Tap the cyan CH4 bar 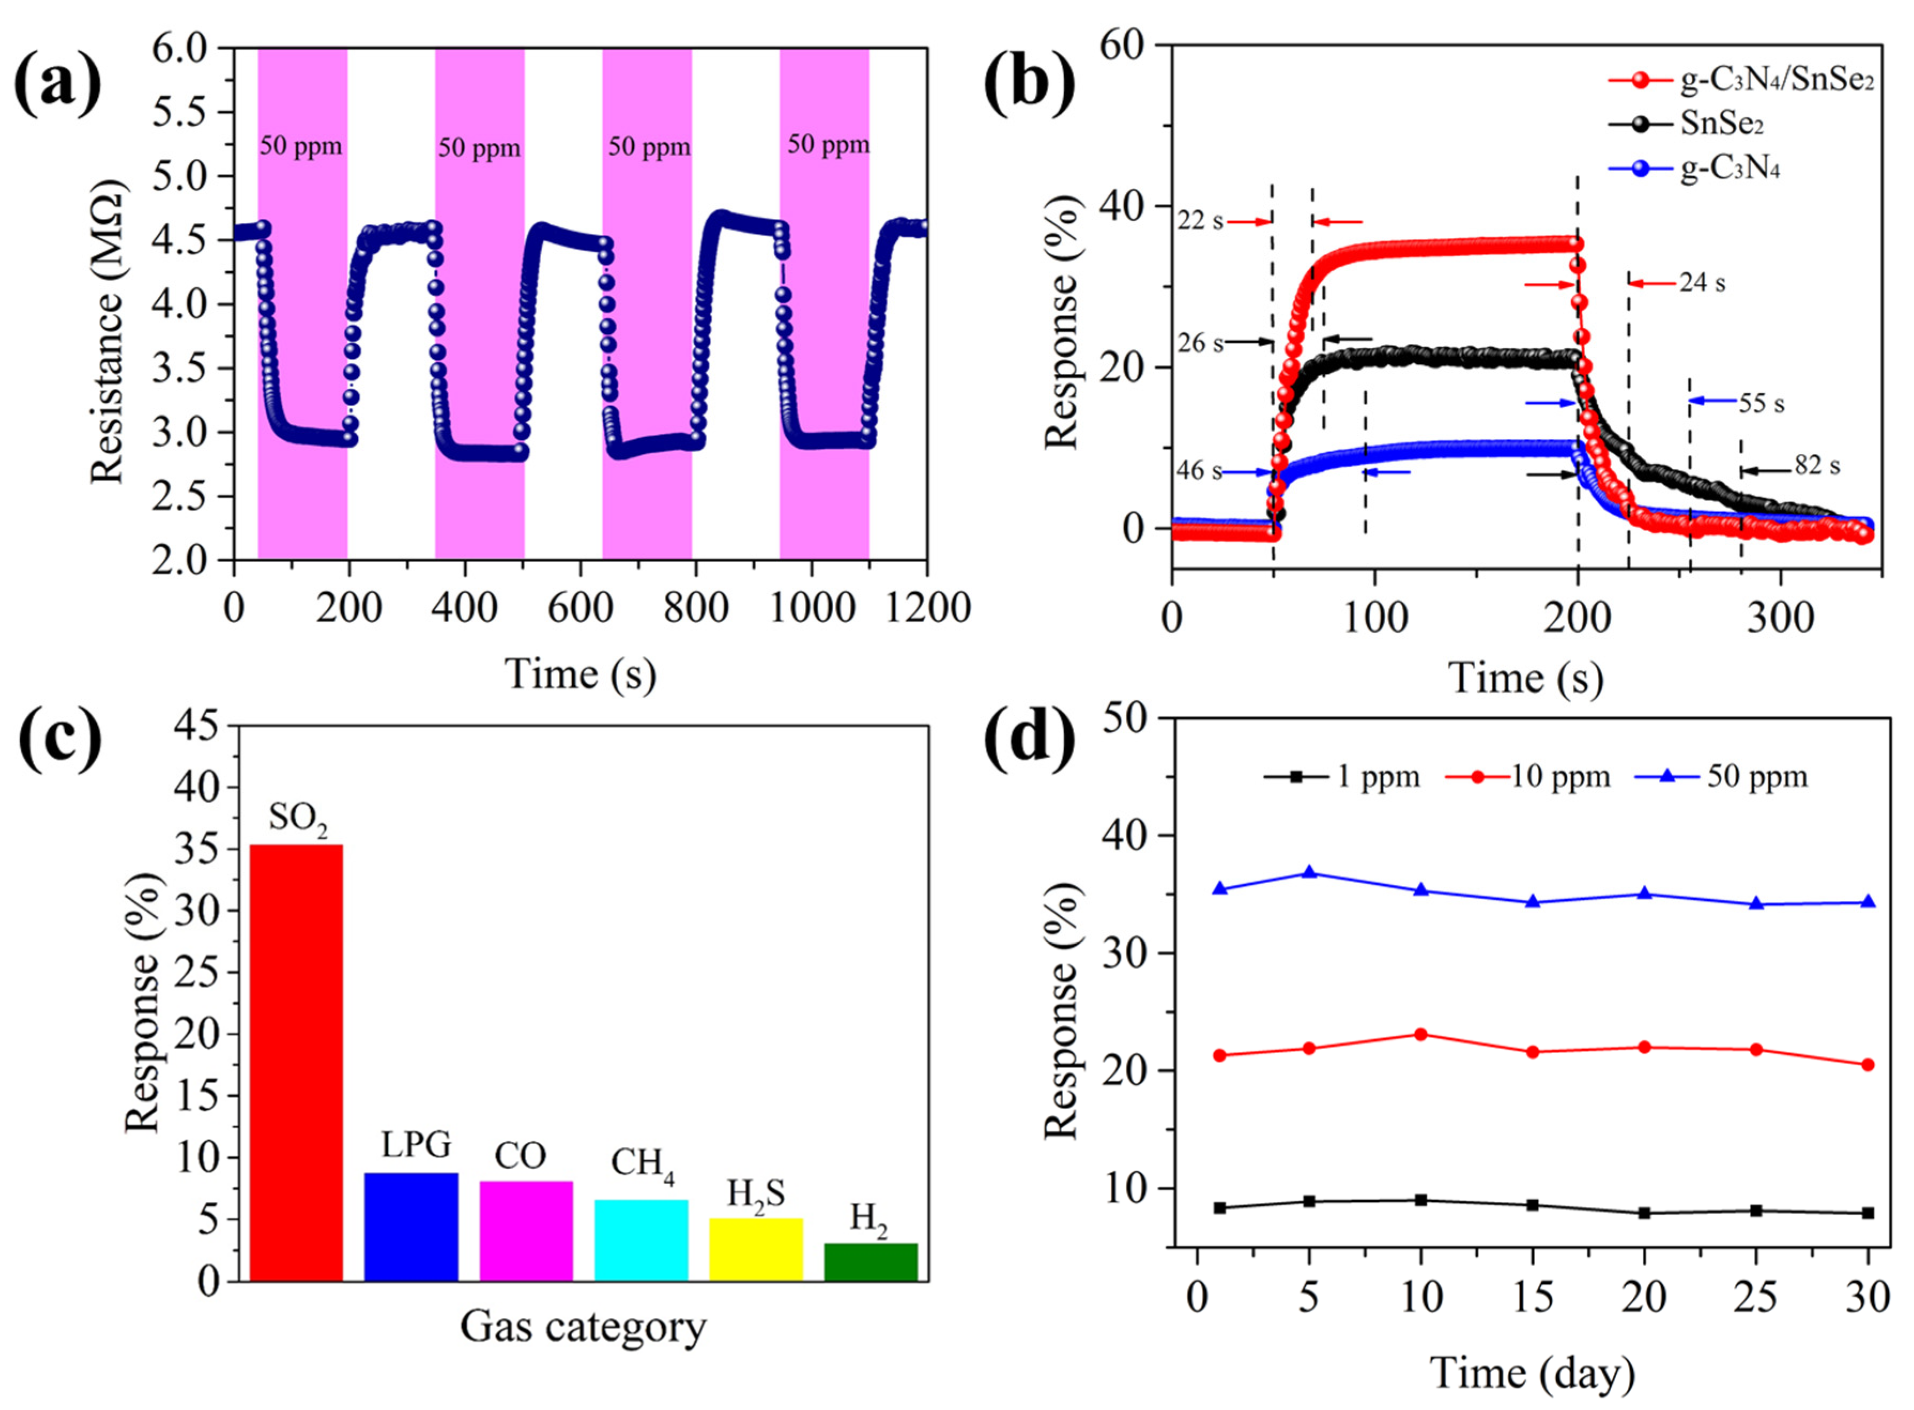641,1239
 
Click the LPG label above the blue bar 416,1145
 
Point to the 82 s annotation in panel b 1816,466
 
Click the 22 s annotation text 1200,221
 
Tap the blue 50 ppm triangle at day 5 1309,872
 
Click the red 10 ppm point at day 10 1421,1034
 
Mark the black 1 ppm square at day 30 1867,1213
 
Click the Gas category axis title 583,1327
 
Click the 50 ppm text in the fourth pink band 828,145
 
